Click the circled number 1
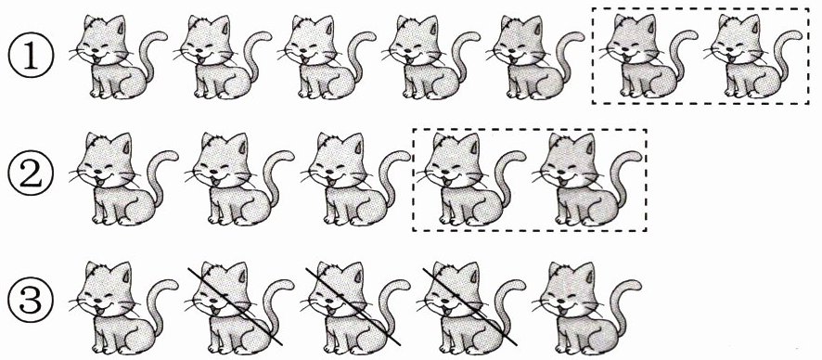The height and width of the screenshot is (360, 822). tap(31, 58)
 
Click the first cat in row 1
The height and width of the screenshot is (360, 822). tap(118, 57)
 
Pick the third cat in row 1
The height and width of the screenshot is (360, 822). tap(327, 57)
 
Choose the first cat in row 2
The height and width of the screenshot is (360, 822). tap(123, 179)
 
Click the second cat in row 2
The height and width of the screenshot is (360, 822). tap(239, 179)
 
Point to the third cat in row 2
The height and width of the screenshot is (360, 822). tap(355, 179)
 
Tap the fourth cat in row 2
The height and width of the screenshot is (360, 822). tap(472, 179)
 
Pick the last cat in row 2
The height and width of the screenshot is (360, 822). tap(587, 179)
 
